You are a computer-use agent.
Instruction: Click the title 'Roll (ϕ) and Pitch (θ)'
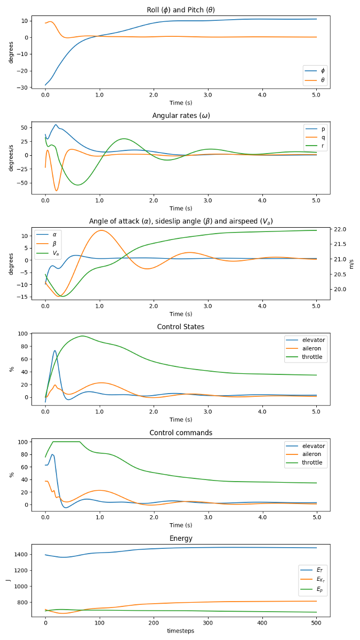[x=181, y=10]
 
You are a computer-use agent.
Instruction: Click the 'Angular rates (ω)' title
[x=181, y=116]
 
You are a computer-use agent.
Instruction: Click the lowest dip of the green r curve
[x=78, y=185]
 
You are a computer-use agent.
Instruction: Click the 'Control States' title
[x=181, y=327]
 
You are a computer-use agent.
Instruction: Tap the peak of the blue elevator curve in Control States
[x=55, y=350]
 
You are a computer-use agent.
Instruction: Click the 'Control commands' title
[x=181, y=433]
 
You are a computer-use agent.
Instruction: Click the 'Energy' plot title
[x=181, y=539]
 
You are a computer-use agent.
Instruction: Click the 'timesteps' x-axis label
[x=181, y=631]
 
